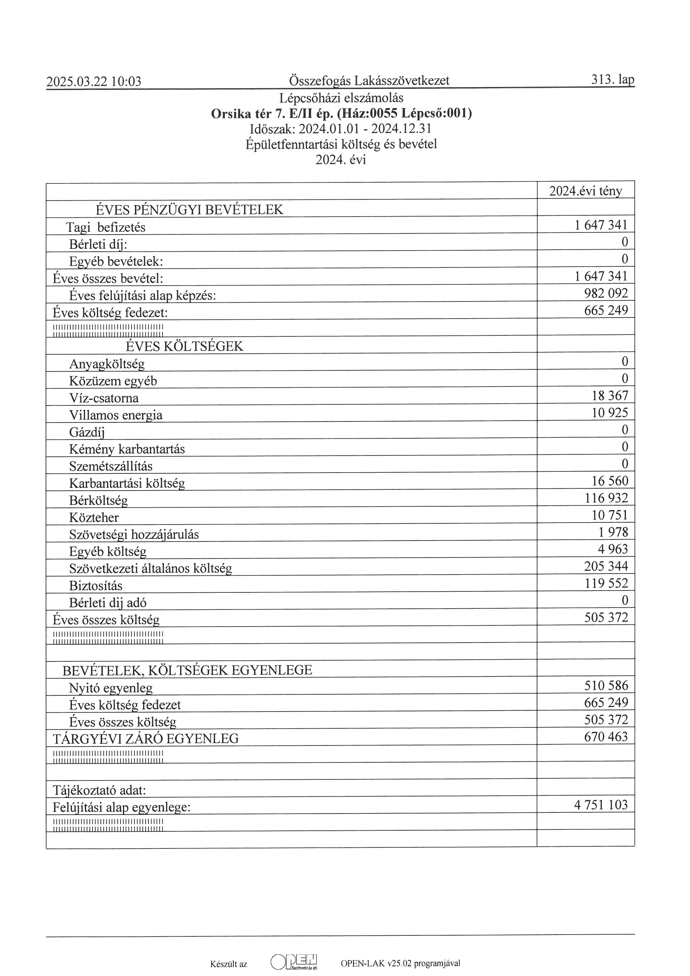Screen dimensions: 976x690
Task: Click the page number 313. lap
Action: (612, 80)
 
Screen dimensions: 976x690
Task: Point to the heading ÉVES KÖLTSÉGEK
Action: (185, 346)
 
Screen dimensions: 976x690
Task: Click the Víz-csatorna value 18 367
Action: (610, 396)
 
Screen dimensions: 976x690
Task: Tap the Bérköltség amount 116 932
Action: (606, 498)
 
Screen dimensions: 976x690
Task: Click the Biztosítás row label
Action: (96, 586)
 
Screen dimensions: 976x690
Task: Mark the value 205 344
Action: (606, 566)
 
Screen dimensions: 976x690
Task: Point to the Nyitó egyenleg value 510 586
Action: (606, 686)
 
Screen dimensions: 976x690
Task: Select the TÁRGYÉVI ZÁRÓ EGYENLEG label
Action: (146, 739)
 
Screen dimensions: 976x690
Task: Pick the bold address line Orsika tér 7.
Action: (341, 114)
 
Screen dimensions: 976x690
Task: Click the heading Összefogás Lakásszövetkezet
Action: (369, 80)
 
